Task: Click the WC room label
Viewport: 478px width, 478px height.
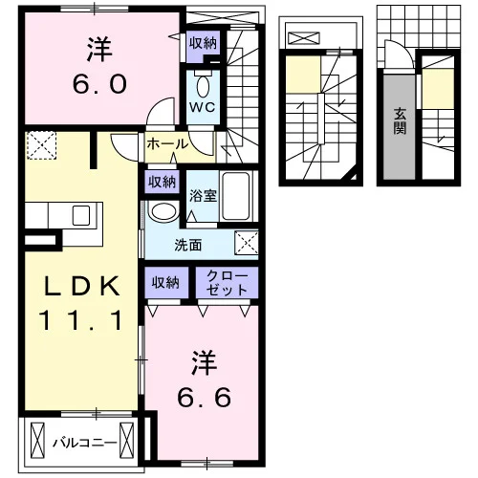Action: [202, 107]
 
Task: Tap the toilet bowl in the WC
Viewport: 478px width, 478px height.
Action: [203, 86]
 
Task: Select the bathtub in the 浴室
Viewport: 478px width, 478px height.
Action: [236, 196]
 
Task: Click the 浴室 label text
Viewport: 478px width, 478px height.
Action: [203, 196]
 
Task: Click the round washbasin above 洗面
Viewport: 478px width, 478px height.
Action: [163, 211]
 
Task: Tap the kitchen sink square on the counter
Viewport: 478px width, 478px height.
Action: [81, 215]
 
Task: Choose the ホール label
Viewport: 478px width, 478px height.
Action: [167, 144]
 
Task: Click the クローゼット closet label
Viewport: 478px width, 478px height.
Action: [227, 283]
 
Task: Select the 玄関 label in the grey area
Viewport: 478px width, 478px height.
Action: [400, 121]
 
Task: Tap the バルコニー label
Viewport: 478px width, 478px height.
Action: [85, 443]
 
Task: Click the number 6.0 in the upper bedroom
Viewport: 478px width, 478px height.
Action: [99, 84]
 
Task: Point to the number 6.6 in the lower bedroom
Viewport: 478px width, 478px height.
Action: [205, 398]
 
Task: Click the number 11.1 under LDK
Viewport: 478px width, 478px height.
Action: [80, 320]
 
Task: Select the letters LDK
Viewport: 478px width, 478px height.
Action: [82, 286]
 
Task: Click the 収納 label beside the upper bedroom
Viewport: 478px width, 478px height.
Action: [203, 43]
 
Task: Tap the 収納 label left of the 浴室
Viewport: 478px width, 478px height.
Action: [162, 182]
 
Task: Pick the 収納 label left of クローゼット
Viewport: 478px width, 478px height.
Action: [165, 282]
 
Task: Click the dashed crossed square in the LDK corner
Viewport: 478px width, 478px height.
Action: [41, 145]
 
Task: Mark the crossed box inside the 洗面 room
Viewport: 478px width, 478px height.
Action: [247, 243]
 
